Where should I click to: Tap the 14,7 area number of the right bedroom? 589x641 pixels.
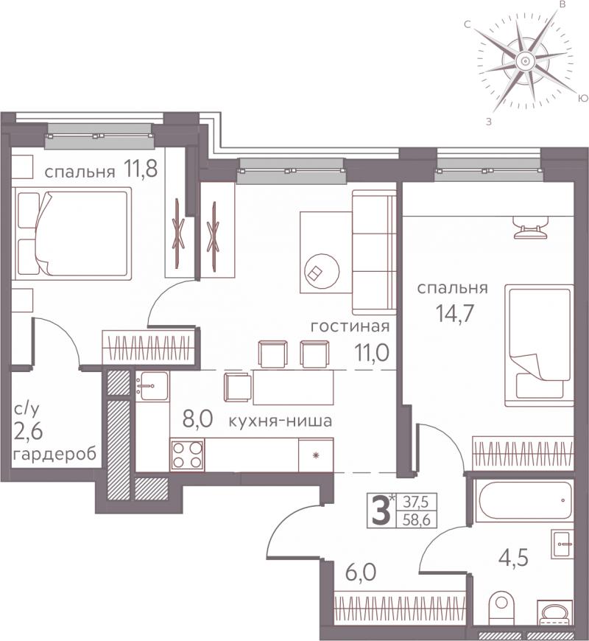[454, 314]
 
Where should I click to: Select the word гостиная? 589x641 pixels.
[350, 326]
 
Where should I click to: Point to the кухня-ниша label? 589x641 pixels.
[280, 421]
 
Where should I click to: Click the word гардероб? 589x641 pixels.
[55, 454]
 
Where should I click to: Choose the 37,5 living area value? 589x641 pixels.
[417, 501]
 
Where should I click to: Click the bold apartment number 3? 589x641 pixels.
[381, 510]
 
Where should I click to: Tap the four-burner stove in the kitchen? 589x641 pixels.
[188, 455]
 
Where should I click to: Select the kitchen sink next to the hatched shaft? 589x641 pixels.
[152, 386]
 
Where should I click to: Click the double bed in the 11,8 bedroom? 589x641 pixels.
[72, 233]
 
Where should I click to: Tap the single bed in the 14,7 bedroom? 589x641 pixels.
[538, 346]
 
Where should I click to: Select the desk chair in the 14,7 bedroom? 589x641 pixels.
[530, 228]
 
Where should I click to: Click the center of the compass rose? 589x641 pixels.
[524, 61]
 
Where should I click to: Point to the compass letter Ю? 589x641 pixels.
[583, 99]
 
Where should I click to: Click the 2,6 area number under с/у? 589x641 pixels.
[28, 431]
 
